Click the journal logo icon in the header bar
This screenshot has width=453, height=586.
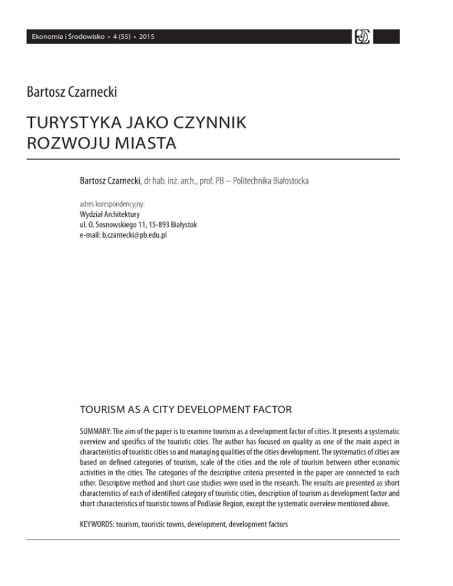coord(360,37)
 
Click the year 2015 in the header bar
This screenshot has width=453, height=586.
coord(147,37)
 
